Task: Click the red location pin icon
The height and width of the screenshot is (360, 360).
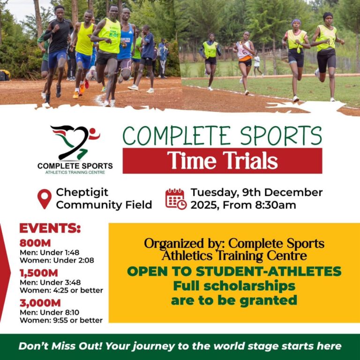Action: pyautogui.click(x=45, y=198)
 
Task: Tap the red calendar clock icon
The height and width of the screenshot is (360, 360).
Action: pyautogui.click(x=176, y=198)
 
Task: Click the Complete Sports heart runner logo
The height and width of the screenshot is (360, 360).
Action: pyautogui.click(x=75, y=142)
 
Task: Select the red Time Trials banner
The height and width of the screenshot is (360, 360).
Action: pyautogui.click(x=222, y=161)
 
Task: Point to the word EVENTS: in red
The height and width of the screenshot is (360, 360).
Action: pyautogui.click(x=50, y=229)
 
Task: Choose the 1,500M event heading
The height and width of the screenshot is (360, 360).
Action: pyautogui.click(x=38, y=273)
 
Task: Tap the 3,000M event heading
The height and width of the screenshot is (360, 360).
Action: pyautogui.click(x=40, y=303)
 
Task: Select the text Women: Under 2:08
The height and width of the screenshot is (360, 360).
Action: pyautogui.click(x=56, y=260)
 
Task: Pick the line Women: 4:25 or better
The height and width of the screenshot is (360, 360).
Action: pyautogui.click(x=61, y=290)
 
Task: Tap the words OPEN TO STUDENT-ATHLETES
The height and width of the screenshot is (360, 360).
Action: pyautogui.click(x=234, y=271)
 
